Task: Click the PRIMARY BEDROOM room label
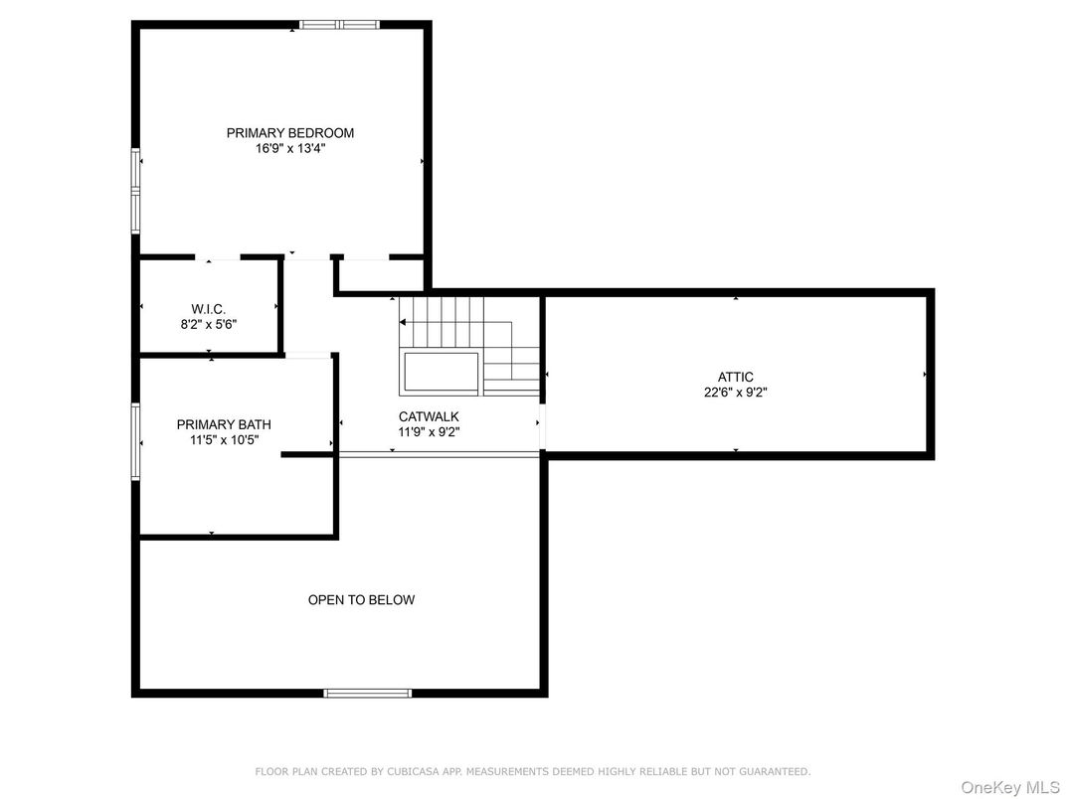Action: tap(290, 133)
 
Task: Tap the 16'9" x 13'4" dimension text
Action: tap(290, 149)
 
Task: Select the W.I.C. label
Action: tap(208, 310)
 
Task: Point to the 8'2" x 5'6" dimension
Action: tap(208, 325)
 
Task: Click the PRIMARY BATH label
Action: tap(224, 424)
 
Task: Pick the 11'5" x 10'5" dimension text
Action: tap(224, 440)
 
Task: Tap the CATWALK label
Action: tap(429, 416)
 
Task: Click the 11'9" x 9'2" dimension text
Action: tap(429, 432)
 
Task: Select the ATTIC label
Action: tap(736, 377)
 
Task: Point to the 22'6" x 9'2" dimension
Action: tap(736, 392)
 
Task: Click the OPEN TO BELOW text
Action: tap(361, 600)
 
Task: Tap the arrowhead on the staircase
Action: tap(403, 322)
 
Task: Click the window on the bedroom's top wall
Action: tap(339, 25)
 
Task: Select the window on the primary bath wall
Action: tap(136, 441)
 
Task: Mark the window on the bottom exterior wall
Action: tap(367, 693)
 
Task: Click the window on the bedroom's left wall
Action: tap(136, 192)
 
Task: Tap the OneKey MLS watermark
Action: tap(1009, 787)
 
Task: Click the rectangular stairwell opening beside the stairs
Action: tap(441, 373)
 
